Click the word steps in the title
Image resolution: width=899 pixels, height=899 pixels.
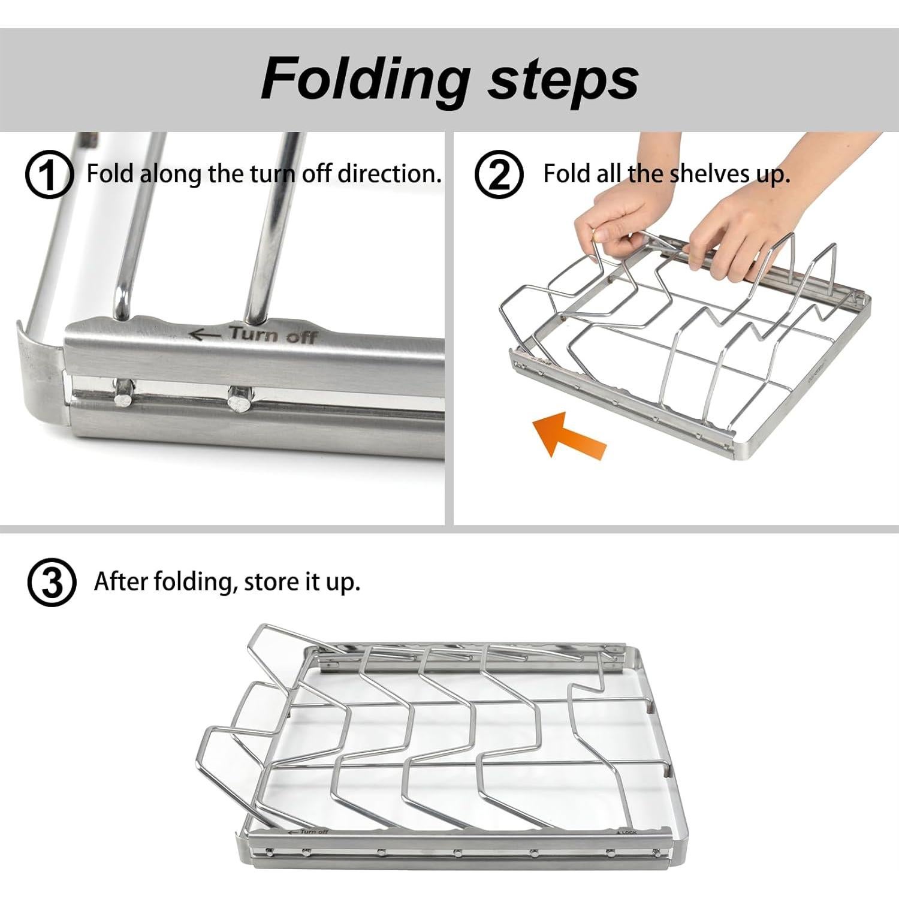(x=563, y=80)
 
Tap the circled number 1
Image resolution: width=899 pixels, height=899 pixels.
(x=49, y=175)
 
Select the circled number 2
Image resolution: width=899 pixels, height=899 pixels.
(x=499, y=175)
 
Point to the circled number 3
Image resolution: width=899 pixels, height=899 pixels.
(x=52, y=583)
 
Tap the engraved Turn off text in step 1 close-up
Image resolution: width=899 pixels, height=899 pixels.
(x=273, y=334)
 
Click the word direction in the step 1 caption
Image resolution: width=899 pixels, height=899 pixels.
(x=389, y=174)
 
